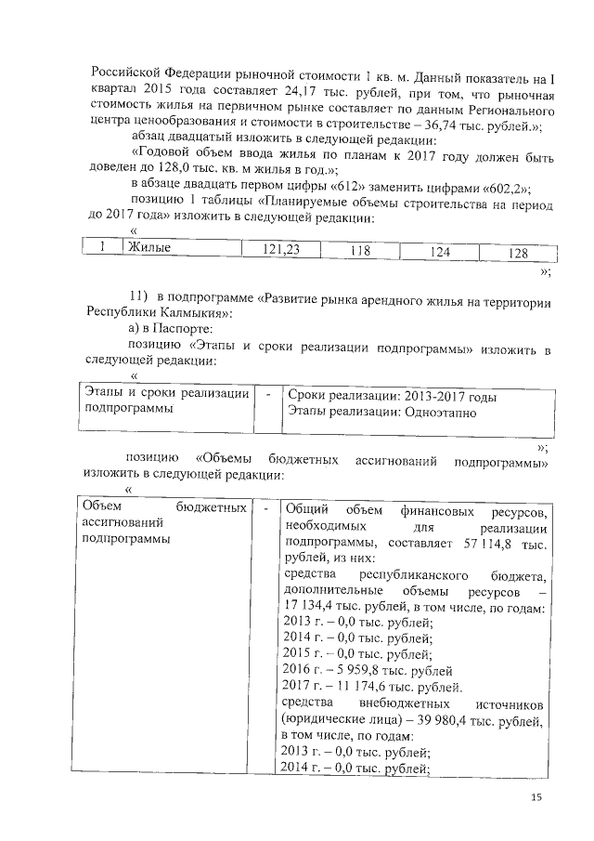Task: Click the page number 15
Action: pos(535,796)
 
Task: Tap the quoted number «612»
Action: pos(297,183)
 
